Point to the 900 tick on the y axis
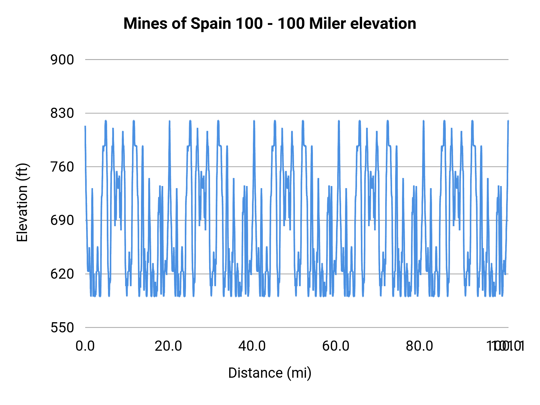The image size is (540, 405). [62, 60]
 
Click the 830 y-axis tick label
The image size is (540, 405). [62, 113]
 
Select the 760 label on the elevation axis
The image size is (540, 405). [62, 167]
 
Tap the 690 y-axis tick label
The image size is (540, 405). [62, 220]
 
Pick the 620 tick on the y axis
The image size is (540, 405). [62, 274]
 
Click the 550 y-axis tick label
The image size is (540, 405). [62, 328]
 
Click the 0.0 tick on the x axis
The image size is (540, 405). [85, 346]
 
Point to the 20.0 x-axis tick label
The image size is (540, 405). [168, 346]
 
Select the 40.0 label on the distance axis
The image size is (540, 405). [252, 346]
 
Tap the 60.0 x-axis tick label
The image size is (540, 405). [336, 346]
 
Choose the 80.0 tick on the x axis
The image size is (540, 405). [419, 346]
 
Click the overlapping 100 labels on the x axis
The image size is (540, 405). [505, 346]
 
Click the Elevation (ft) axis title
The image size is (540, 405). [22, 202]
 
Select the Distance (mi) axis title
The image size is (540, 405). [270, 373]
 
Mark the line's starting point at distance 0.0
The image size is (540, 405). [85, 126]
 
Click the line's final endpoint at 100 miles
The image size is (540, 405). [508, 121]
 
